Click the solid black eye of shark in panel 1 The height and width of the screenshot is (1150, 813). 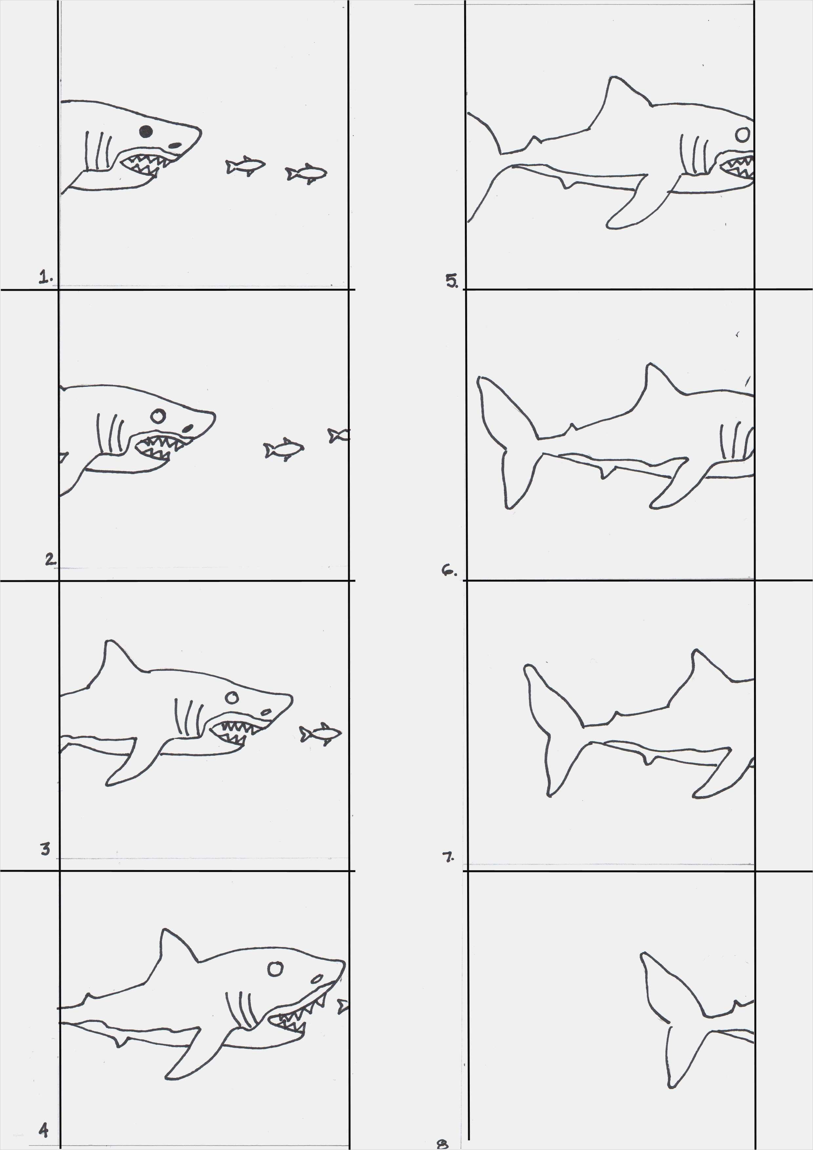(146, 131)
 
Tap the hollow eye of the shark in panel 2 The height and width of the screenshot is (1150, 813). (158, 416)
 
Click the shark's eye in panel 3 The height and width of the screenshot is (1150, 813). (231, 697)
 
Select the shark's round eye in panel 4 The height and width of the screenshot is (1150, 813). (275, 969)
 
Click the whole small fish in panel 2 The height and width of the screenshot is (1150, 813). (284, 449)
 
